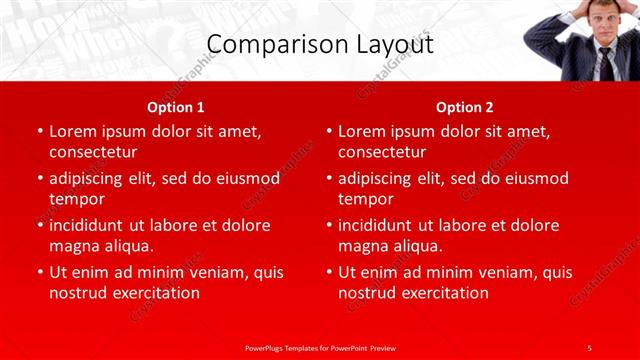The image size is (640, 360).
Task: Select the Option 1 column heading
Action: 176,106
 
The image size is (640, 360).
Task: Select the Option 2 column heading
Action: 465,106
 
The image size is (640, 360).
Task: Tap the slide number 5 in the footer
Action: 590,347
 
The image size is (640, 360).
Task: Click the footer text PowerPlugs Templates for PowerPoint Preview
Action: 320,347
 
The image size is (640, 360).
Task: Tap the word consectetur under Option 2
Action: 382,152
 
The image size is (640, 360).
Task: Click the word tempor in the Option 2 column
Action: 366,199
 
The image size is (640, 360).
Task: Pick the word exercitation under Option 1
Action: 153,293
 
